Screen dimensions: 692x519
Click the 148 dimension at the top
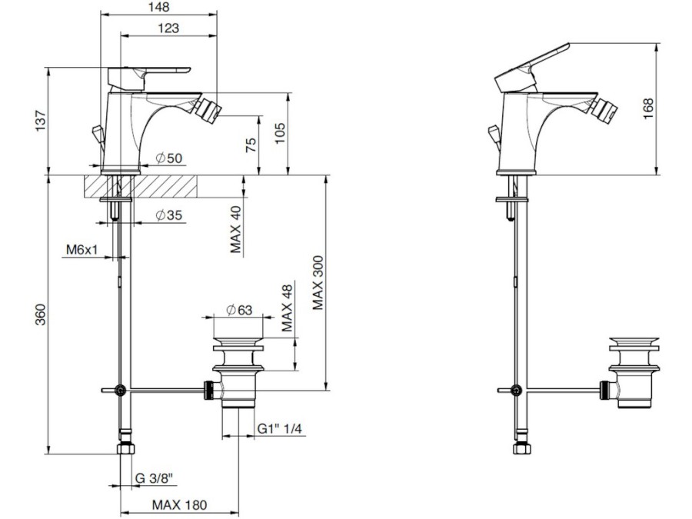pyautogui.click(x=159, y=7)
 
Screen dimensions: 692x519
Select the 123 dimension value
pyautogui.click(x=168, y=28)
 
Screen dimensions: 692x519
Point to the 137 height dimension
pyautogui.click(x=41, y=121)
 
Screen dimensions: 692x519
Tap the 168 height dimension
pyautogui.click(x=648, y=108)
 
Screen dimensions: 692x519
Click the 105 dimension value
pyautogui.click(x=280, y=133)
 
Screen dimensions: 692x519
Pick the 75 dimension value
pyautogui.click(x=250, y=145)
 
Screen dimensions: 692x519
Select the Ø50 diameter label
pyautogui.click(x=169, y=158)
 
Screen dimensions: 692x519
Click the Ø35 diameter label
pyautogui.click(x=169, y=215)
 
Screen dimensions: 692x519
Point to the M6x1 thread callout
pyautogui.click(x=82, y=250)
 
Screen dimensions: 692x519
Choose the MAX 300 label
pyautogui.click(x=318, y=282)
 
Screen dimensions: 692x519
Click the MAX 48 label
pyautogui.click(x=287, y=308)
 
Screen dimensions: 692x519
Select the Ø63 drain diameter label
pyautogui.click(x=239, y=311)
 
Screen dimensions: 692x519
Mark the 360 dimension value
pyautogui.click(x=41, y=314)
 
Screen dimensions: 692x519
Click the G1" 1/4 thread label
pyautogui.click(x=280, y=428)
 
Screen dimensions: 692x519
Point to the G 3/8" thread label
pyautogui.click(x=154, y=478)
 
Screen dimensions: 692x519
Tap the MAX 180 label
pyautogui.click(x=180, y=504)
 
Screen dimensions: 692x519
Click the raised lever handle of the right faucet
pyautogui.click(x=532, y=67)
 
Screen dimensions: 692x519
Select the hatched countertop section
pyautogui.click(x=141, y=186)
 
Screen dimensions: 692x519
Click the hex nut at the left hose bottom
pyautogui.click(x=126, y=449)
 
